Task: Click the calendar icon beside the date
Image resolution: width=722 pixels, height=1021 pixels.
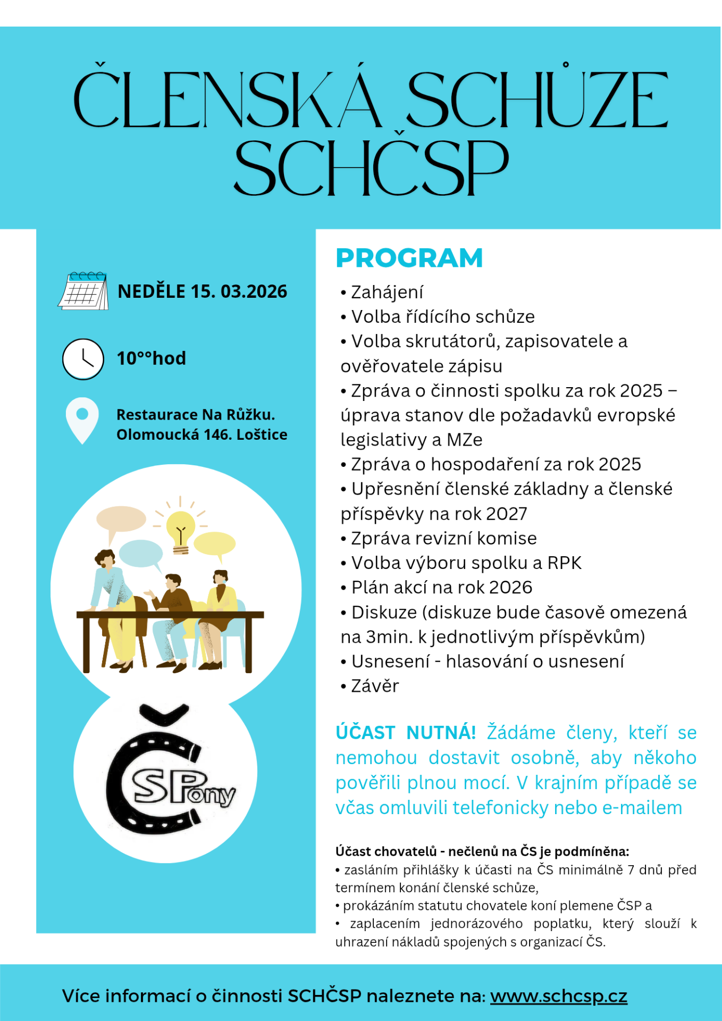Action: click(83, 291)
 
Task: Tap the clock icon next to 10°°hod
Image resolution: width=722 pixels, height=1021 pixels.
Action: click(83, 359)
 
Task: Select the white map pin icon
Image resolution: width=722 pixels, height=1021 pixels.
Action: click(82, 419)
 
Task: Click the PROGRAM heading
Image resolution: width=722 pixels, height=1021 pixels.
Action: click(409, 258)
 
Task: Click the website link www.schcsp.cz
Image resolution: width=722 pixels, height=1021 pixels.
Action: click(558, 995)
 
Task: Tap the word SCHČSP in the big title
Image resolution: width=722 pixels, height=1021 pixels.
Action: click(371, 168)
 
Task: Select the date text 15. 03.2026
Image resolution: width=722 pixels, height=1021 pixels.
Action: click(239, 291)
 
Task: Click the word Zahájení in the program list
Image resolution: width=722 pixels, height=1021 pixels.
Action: click(387, 292)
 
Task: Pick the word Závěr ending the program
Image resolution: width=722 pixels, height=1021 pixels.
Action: click(375, 686)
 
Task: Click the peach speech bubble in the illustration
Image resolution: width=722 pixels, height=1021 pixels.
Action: click(121, 518)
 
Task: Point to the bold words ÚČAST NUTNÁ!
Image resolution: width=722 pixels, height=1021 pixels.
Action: click(405, 733)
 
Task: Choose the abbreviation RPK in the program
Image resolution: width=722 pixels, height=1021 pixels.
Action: click(564, 563)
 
